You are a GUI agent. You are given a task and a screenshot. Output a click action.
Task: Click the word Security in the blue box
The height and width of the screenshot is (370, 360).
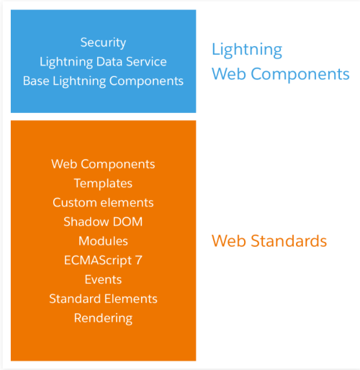coord(103,43)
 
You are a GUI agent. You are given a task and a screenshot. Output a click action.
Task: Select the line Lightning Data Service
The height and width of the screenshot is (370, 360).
coord(103,62)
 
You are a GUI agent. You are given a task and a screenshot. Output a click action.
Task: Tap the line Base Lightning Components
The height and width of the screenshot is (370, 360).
coord(103,81)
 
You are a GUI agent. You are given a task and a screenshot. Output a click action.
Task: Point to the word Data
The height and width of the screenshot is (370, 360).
coord(109,61)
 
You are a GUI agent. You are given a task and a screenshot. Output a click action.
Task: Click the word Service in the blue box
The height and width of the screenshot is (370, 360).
coord(146,61)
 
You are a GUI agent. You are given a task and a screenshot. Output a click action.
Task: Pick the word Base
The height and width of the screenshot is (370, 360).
coord(36,81)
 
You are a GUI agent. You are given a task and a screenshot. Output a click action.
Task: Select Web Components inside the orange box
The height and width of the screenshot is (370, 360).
coord(103,165)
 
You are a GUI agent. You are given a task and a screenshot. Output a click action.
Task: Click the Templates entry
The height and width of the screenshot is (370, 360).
coord(103,184)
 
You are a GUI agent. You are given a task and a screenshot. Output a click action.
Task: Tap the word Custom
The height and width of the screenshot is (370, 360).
coord(75,202)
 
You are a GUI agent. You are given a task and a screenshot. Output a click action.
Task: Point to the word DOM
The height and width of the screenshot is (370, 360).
coord(128,222)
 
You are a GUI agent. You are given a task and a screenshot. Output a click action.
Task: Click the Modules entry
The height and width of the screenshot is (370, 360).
coord(103,241)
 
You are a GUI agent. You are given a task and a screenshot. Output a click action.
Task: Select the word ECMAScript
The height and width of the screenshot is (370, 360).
coord(98,261)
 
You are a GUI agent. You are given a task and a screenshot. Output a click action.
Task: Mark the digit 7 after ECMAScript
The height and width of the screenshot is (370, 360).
coord(139,261)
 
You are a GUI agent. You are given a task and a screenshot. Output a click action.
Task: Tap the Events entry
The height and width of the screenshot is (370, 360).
coord(103,279)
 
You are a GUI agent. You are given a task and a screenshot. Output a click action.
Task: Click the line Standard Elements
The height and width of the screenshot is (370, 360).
coord(103,299)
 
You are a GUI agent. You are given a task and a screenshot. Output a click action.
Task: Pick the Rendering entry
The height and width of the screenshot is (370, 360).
coord(103,319)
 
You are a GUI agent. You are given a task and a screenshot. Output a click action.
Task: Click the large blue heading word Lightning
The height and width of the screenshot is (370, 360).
coord(247,50)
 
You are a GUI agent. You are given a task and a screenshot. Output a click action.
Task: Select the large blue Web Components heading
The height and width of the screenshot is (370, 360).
coord(281,74)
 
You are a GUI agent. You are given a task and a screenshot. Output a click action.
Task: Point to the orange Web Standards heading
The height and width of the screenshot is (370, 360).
coord(269,241)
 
